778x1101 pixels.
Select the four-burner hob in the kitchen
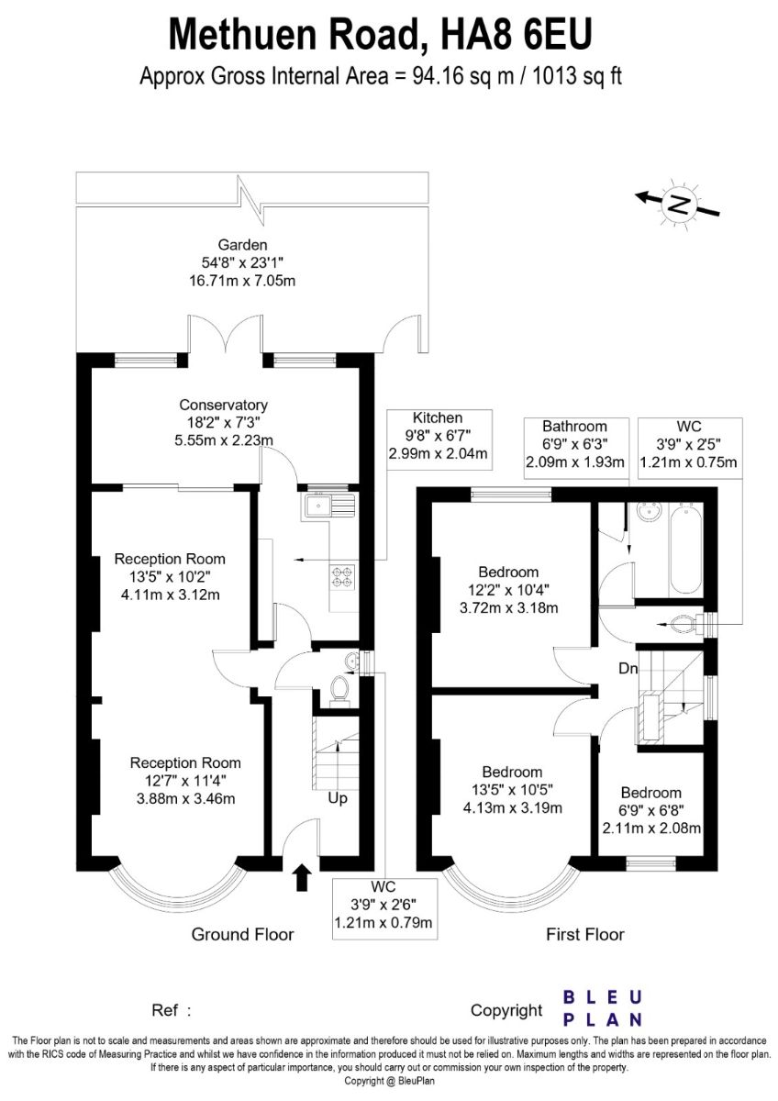click(342, 576)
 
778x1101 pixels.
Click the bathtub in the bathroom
click(685, 548)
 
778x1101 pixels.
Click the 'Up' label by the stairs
click(337, 798)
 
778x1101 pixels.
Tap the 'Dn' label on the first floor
click(628, 669)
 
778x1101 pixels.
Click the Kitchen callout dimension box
click(439, 439)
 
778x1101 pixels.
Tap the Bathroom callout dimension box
click(576, 449)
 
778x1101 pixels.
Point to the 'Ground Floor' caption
click(242, 934)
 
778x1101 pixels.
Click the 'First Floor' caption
click(584, 934)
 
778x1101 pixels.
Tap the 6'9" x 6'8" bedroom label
click(651, 810)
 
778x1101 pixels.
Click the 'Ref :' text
click(171, 1010)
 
